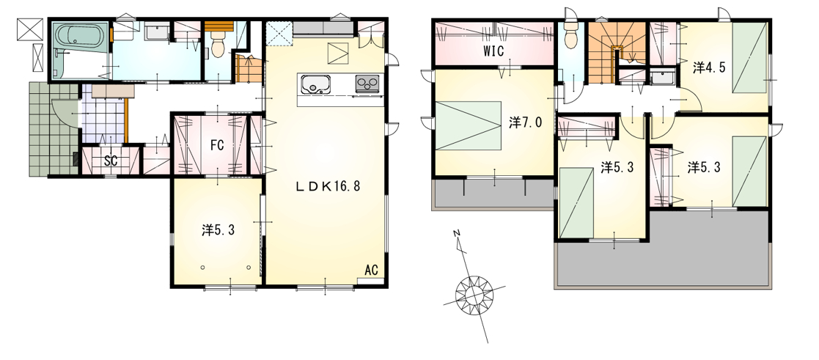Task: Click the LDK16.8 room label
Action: coord(328,186)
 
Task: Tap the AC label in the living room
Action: coord(371,270)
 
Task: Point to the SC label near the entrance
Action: coord(110,161)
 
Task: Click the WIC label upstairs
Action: coord(493,52)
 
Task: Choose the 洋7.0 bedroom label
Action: coord(525,122)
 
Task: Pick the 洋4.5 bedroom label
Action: coord(709,67)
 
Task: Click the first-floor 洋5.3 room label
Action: coord(218,230)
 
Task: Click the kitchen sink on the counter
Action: coord(315,84)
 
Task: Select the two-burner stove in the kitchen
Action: coord(367,84)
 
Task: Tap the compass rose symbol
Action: coord(474,293)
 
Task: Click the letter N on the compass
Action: coord(456,233)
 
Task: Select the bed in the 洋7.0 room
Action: coord(467,125)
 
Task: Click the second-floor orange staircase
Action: coord(617,52)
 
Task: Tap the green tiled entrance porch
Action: coord(52,129)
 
